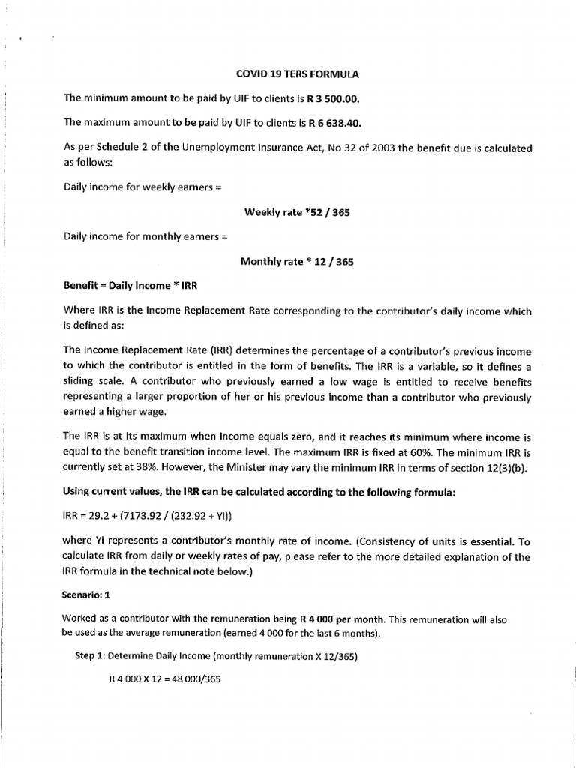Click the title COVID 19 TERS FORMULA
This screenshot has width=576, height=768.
[297, 75]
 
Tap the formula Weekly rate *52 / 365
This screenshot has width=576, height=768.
[297, 212]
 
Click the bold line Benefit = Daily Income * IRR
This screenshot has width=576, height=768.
[131, 286]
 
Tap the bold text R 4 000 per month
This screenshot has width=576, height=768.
[342, 619]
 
